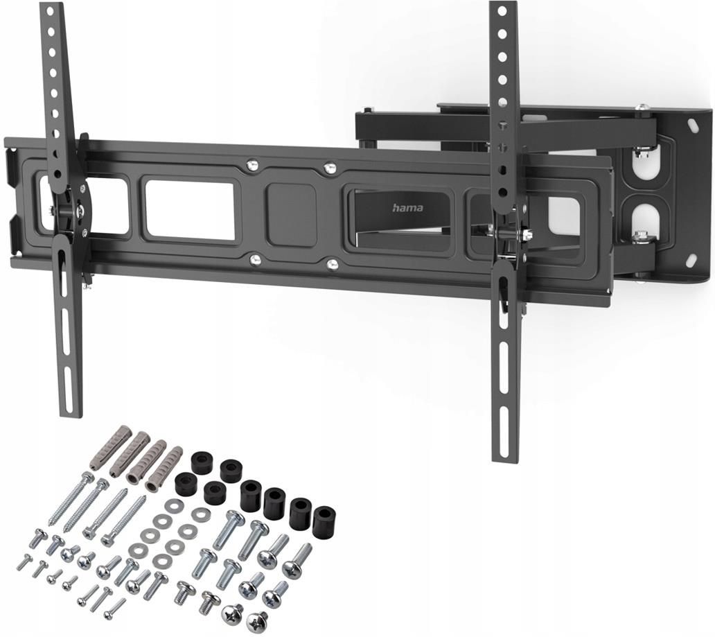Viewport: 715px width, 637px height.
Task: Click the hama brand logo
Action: pos(407,208)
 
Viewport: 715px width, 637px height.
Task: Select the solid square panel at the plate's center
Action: pos(292,215)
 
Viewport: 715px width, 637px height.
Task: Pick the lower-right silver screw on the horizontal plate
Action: pos(333,263)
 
